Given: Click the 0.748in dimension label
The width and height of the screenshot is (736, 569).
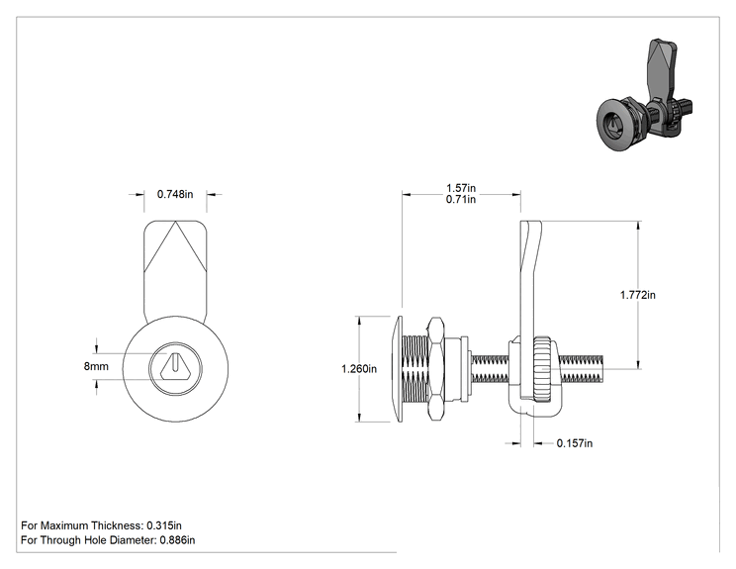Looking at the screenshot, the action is tap(175, 194).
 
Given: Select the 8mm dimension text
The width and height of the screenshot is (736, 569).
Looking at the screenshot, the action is tap(96, 366).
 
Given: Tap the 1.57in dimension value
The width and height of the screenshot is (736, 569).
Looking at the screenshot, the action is tap(460, 188).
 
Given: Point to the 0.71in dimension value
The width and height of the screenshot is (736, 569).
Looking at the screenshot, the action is tap(460, 200).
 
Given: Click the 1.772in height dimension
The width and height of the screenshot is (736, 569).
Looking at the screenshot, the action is tap(637, 295).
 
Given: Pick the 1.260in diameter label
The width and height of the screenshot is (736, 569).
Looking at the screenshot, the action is tap(359, 369).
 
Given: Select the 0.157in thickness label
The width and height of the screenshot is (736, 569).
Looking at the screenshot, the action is tap(575, 443).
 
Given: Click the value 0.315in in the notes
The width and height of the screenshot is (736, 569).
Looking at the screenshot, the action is tap(164, 525).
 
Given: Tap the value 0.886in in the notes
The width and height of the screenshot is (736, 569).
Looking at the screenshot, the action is tap(177, 540).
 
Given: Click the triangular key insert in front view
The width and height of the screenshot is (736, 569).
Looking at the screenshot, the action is tap(175, 366).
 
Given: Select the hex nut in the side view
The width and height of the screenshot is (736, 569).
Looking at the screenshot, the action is tap(435, 368).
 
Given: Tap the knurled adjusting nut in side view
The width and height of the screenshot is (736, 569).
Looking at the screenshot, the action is tap(542, 369).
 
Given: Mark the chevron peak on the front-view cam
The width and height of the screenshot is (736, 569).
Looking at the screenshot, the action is tap(175, 222).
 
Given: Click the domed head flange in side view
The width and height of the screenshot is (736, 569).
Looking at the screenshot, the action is tap(399, 369).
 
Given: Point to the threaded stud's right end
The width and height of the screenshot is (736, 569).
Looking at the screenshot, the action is tap(602, 369).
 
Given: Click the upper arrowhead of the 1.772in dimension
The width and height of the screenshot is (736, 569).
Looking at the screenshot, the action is tap(638, 225).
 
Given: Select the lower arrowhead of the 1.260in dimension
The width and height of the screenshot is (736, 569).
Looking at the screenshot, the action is tap(359, 418).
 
